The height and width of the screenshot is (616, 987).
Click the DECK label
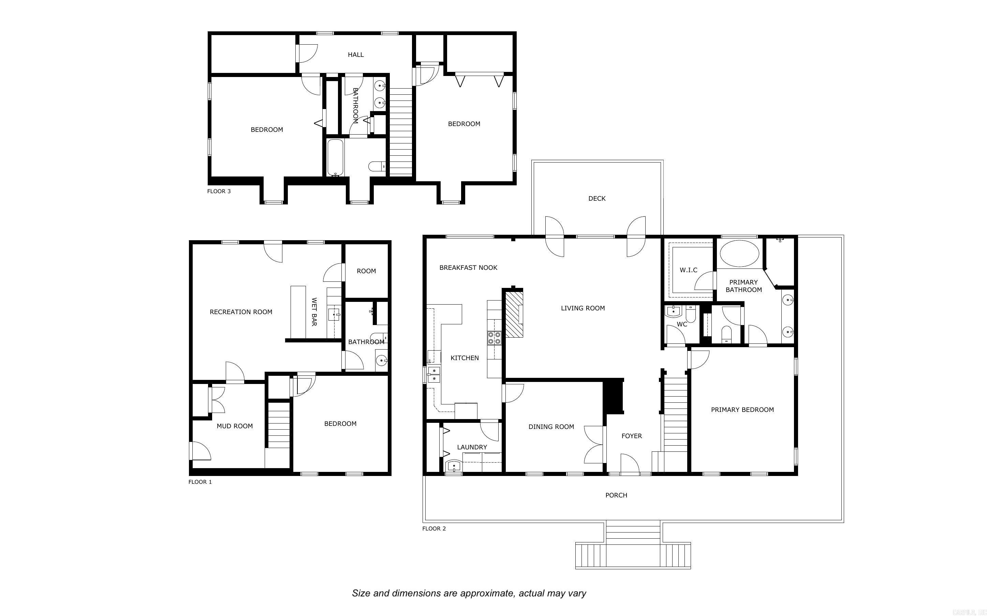pos(596,198)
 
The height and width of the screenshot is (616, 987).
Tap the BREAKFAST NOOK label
pos(468,268)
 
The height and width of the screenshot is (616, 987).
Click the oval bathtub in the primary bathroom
pos(739,253)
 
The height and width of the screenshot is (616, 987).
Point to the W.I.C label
pos(688,270)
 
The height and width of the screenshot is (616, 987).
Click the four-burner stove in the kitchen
pos(494,338)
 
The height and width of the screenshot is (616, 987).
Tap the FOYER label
pos(632,436)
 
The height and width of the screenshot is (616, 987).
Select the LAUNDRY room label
pos(472,447)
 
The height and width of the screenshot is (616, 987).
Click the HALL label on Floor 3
pos(355,55)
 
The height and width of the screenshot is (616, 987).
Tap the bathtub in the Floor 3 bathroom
pos(336,158)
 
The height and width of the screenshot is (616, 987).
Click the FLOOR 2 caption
pos(434,528)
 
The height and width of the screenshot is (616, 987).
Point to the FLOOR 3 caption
pos(219,191)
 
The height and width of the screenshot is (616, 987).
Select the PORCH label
pos(616,495)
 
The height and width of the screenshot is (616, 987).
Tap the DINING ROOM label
pos(551,427)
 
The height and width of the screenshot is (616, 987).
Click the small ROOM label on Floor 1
pos(366,271)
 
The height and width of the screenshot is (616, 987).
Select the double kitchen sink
pos(434,374)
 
